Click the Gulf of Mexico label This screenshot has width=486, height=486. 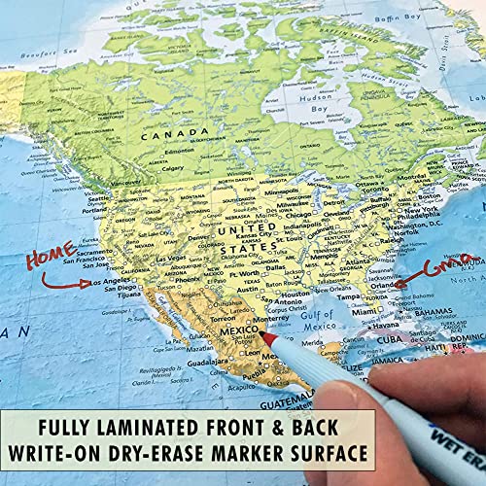[x=317, y=319]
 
